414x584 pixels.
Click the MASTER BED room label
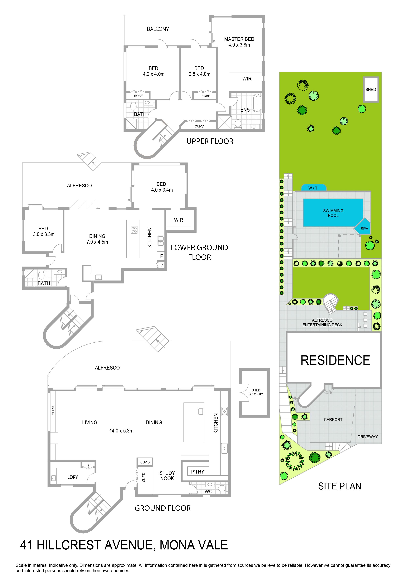(239, 39)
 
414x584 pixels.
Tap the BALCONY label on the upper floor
(158, 29)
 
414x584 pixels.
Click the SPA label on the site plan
(364, 229)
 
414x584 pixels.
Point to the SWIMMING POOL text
(333, 213)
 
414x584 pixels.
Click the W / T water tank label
(313, 188)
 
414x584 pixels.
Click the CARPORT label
(333, 420)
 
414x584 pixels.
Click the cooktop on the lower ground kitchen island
(134, 230)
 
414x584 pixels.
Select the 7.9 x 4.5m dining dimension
(97, 242)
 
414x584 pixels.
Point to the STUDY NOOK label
(167, 475)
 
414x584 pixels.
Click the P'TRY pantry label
(198, 472)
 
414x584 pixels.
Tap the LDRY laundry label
(73, 477)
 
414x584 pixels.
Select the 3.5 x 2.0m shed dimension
(256, 394)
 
